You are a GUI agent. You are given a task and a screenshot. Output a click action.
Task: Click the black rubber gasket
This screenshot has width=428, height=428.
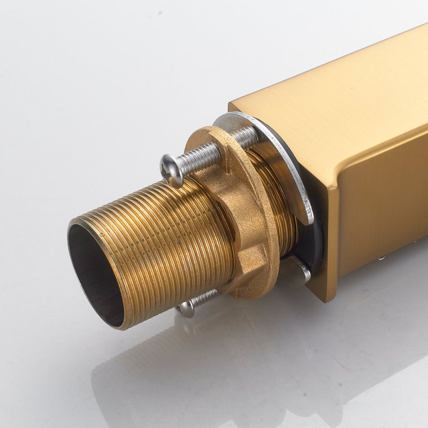[x=316, y=235]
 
